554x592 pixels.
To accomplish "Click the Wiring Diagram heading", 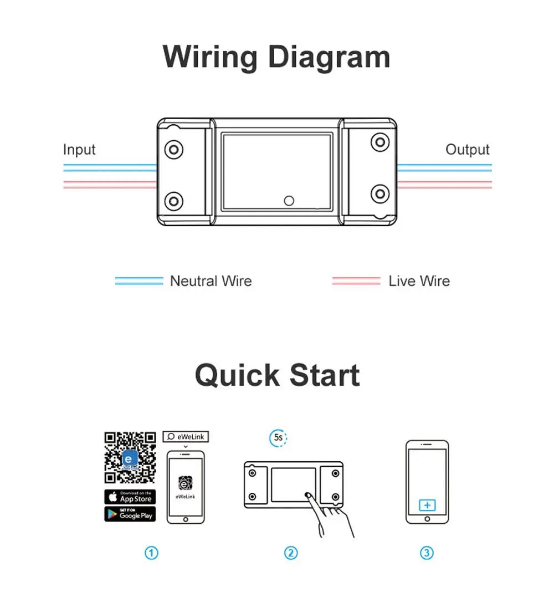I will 276,57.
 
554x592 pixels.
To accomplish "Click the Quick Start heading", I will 277,375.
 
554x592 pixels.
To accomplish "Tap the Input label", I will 79,150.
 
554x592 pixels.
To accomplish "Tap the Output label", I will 467,150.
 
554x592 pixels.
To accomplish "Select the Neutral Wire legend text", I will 211,281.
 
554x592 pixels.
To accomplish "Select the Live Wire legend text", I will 419,281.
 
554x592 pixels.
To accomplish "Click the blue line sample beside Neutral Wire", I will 139,281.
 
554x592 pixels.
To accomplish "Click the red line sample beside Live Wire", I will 356,281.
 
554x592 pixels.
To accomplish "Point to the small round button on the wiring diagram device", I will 289,201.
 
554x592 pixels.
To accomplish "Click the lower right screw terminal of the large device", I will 379,193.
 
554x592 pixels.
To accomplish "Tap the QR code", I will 130,458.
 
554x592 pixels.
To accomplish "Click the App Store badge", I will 130,497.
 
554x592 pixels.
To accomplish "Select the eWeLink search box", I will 186,437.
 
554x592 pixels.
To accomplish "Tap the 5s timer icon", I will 278,438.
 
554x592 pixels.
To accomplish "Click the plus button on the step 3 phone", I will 427,506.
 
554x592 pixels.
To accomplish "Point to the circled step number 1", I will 151,553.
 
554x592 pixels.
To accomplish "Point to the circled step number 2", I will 291,553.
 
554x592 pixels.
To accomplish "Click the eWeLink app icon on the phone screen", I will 185,482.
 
